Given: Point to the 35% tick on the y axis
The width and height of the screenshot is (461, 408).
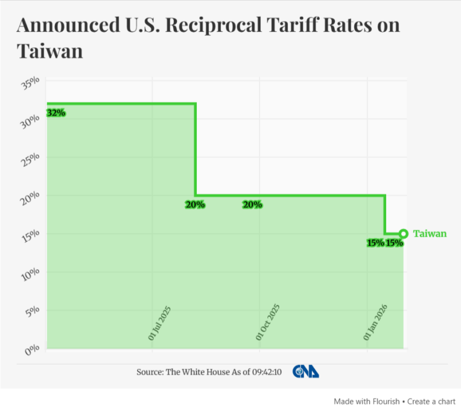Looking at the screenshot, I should point(30,83).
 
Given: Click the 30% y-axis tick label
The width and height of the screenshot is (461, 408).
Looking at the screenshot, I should point(30,121).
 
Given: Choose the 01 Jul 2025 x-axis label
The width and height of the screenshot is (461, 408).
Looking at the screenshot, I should point(160,323).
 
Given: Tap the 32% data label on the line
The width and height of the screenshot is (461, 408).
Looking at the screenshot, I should point(56,113).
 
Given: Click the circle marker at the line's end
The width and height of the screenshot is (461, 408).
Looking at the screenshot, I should point(403,234).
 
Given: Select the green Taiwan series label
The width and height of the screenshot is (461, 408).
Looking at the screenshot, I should point(430,234).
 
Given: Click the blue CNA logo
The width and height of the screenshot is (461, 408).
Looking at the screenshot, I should point(306,372).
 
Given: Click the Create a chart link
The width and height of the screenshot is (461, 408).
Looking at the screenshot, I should point(431,401).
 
